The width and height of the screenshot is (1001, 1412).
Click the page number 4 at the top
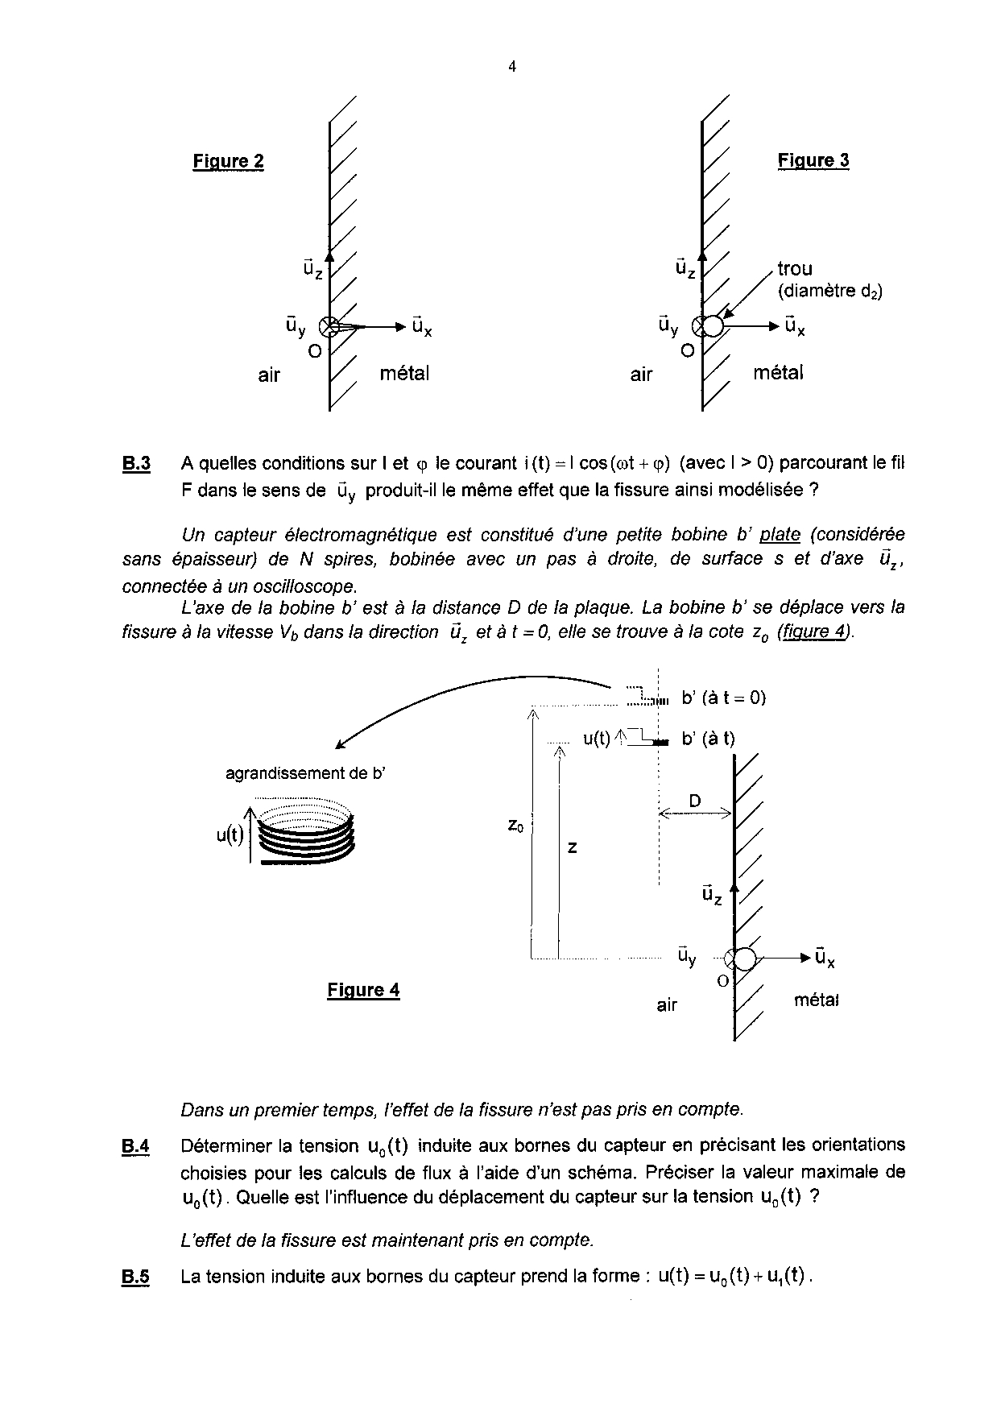[512, 68]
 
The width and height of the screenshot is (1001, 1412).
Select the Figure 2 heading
[228, 161]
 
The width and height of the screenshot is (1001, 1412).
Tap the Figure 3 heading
[813, 160]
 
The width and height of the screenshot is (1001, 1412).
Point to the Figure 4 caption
[363, 990]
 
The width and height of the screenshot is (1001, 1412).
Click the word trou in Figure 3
[795, 269]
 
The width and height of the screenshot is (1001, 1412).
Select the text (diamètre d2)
[829, 292]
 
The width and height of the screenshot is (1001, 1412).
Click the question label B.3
[136, 464]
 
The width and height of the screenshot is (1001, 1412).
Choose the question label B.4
[136, 1146]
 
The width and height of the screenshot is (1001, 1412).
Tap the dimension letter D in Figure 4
[695, 801]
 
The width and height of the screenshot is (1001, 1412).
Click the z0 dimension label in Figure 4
[516, 826]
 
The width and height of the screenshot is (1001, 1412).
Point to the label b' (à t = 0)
[723, 698]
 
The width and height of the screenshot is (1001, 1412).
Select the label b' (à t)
[708, 739]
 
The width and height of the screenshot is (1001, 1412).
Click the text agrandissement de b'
[305, 774]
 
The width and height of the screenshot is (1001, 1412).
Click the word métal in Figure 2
[404, 374]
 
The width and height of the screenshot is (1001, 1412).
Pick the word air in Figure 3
[641, 375]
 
